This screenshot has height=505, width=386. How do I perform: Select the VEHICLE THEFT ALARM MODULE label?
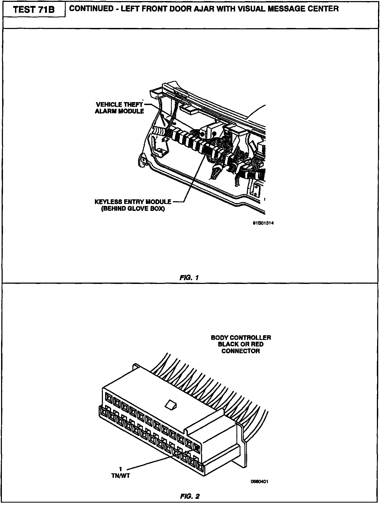tap(119, 107)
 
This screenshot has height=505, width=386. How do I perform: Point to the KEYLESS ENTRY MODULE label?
tap(133, 202)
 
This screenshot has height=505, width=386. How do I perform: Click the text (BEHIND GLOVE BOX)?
tap(133, 209)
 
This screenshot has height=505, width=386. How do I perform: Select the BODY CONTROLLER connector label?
tap(241, 344)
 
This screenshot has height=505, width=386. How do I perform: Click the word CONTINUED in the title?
tap(91, 9)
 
